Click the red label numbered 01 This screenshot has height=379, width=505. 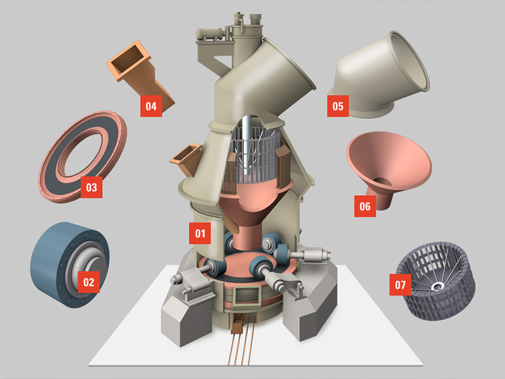click(200, 233)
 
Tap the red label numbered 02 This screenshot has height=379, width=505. click(89, 282)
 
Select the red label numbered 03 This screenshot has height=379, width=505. click(92, 187)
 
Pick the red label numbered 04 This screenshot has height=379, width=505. click(150, 106)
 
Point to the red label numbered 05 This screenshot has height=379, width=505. click(338, 106)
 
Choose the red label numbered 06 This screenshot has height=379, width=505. click(364, 206)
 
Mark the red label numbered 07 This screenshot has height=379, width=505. click(400, 284)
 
